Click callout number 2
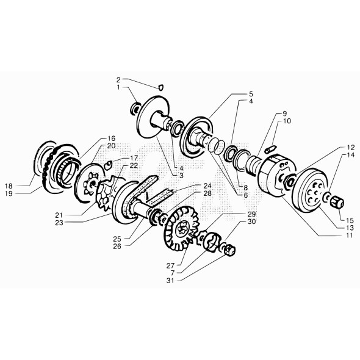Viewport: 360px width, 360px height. (118, 79)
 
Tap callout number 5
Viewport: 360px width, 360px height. (250, 94)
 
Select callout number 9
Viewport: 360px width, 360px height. (284, 114)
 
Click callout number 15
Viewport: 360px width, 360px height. (350, 220)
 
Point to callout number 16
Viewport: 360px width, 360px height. (112, 139)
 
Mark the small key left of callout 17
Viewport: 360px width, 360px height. (107, 164)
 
